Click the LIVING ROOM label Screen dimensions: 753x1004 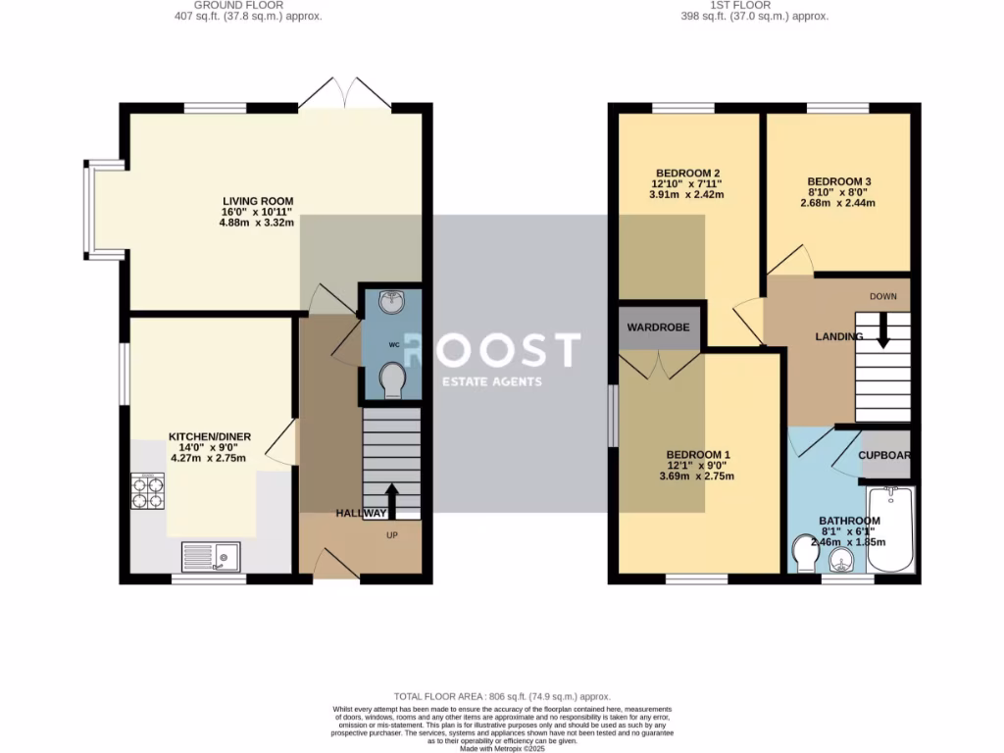point(257,202)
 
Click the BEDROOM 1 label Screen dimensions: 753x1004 point(699,455)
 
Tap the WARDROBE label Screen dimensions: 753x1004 point(659,327)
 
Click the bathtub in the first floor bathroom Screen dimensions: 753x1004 point(890,529)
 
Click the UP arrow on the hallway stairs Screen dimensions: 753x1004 point(391,499)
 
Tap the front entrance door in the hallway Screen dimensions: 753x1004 point(335,565)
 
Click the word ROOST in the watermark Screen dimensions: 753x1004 point(493,350)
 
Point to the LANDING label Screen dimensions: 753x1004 point(838,337)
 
